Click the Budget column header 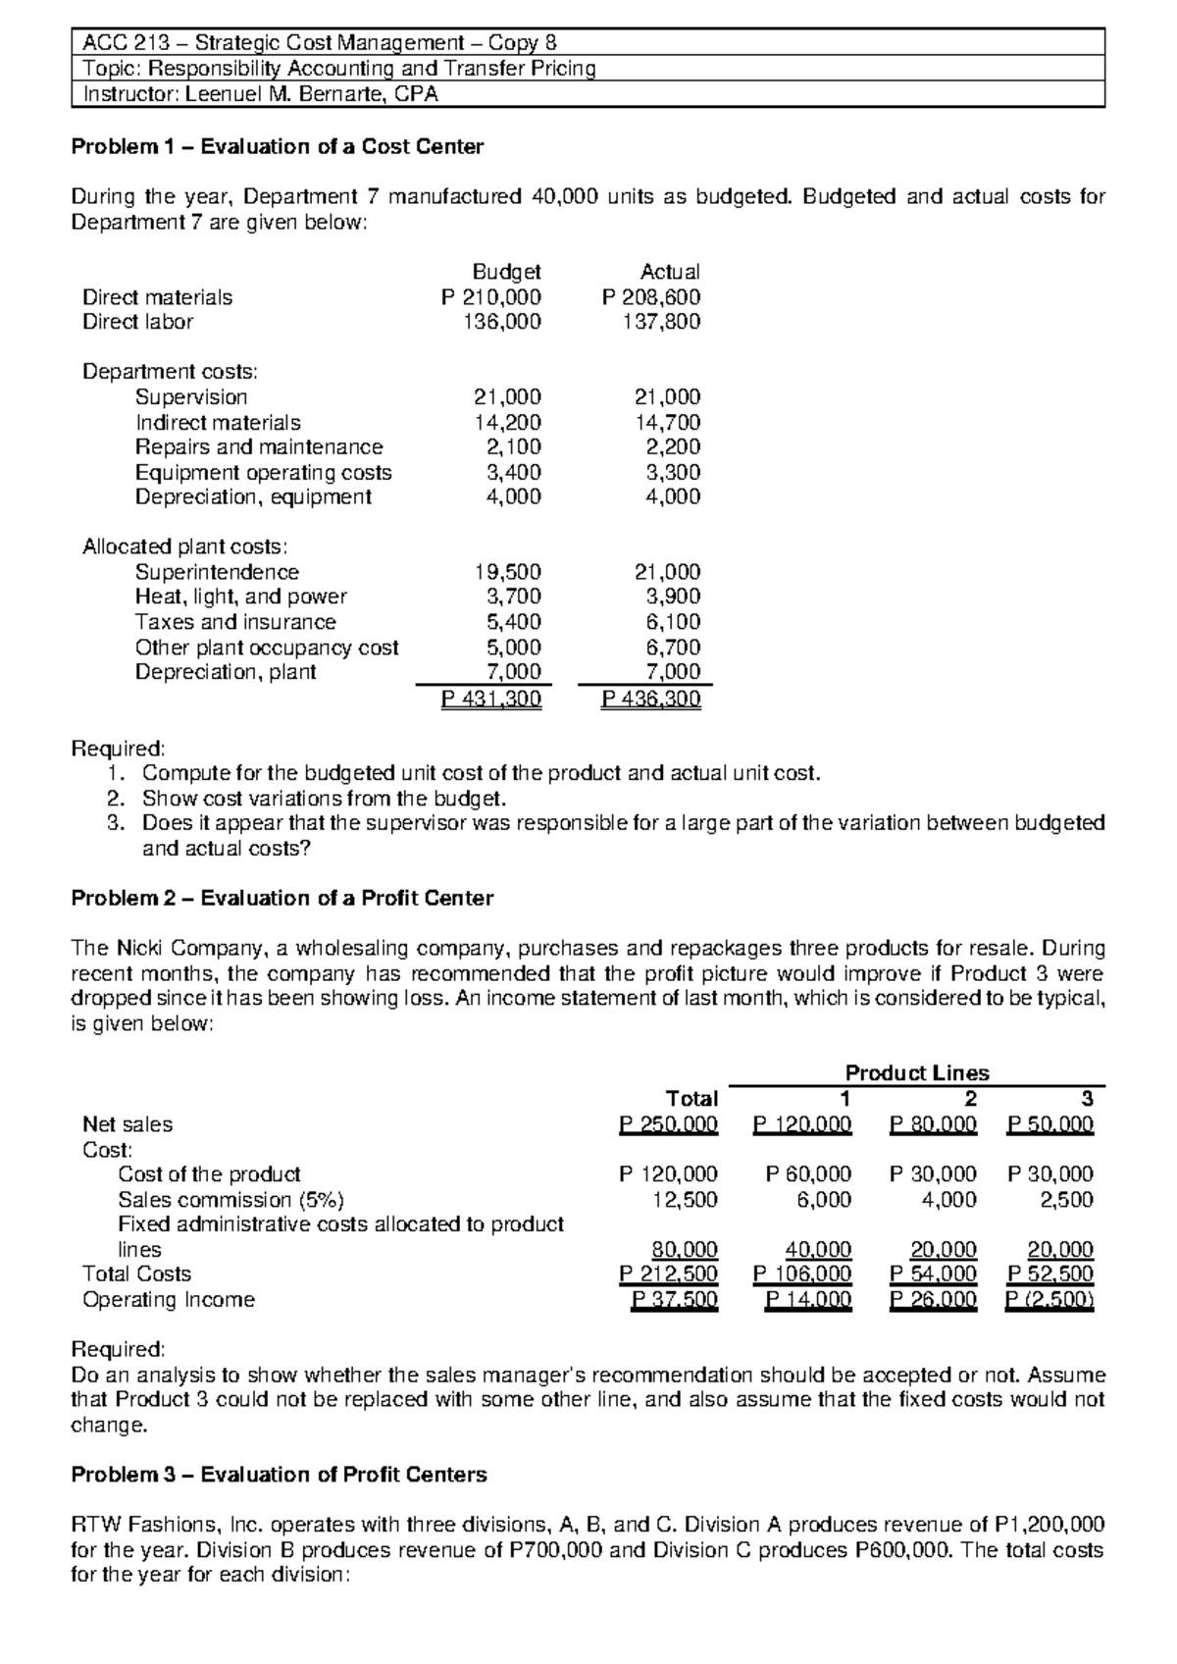[506, 272]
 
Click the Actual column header [669, 272]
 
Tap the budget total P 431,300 [490, 699]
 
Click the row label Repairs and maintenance [259, 447]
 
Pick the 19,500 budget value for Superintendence [507, 572]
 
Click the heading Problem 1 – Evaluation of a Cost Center [278, 147]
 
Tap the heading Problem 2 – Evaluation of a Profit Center [282, 898]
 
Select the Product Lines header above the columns [917, 1073]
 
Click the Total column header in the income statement [691, 1099]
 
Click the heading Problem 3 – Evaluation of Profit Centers [280, 1475]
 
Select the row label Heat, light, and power [240, 597]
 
